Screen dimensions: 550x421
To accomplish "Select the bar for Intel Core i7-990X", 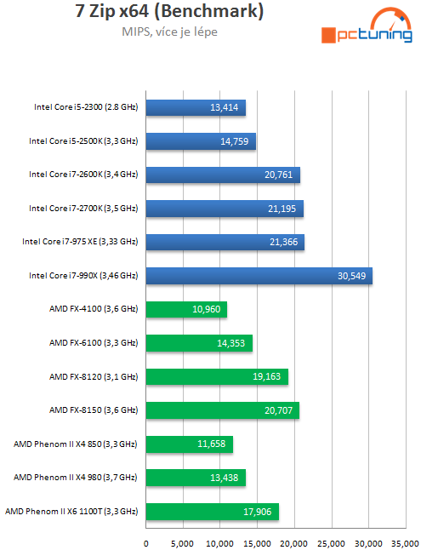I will [259, 276].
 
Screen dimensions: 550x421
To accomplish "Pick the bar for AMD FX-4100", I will [186, 309].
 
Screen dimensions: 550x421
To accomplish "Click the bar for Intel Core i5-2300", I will [196, 108].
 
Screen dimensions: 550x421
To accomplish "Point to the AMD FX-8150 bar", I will [223, 410].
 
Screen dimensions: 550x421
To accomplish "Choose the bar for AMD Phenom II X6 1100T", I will [213, 511].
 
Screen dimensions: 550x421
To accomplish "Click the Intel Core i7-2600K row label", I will [83, 175].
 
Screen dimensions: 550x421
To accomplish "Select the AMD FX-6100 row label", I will [94, 343].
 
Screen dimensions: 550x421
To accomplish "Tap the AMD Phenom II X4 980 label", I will [76, 478].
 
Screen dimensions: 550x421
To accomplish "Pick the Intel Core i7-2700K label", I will [83, 209].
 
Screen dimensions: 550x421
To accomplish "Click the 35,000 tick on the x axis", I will [404, 541].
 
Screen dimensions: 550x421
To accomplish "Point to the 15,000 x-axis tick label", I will [257, 541].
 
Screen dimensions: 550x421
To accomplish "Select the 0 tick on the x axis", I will [146, 541].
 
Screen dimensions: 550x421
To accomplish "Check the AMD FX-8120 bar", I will [217, 376].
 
